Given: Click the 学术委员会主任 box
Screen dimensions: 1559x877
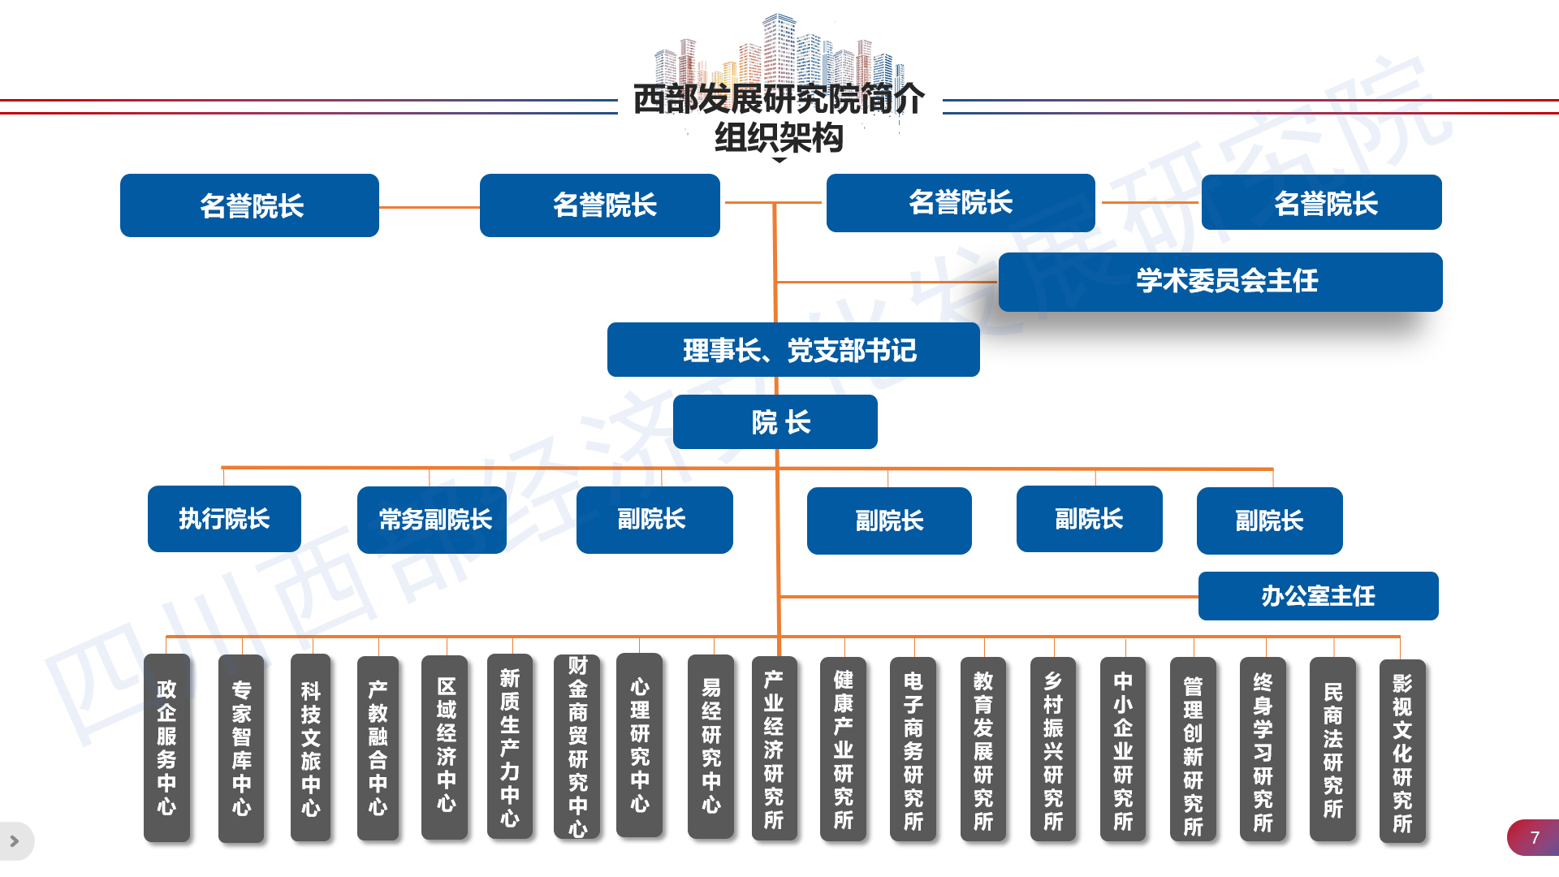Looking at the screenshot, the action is [1220, 282].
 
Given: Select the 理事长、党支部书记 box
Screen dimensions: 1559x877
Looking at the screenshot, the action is [793, 350].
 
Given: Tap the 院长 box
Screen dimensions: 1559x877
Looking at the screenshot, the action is [775, 422].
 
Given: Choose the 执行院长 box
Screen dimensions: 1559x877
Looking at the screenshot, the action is [224, 519].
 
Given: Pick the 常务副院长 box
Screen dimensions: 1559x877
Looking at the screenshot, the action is [432, 520].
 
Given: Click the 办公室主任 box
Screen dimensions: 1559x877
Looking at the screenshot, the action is [1319, 596].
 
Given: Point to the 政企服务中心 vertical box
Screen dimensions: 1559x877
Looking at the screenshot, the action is [166, 748].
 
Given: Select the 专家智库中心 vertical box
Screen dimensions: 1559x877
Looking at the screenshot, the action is [241, 749].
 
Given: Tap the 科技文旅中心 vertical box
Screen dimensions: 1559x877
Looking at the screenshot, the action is [310, 748].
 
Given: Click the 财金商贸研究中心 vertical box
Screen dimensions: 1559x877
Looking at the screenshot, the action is [577, 746].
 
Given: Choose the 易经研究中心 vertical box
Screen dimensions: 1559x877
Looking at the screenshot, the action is [710, 746].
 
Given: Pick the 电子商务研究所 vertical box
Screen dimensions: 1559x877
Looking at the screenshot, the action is [913, 749].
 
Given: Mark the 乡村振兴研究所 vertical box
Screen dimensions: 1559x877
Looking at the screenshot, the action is [1053, 749].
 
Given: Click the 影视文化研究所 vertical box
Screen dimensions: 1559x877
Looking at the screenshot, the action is [1402, 751].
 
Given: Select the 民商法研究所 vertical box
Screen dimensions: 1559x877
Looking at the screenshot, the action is [1332, 749].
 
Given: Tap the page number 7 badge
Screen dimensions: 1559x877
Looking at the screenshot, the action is [1533, 838].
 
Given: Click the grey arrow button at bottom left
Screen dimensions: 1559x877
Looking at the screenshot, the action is [15, 841].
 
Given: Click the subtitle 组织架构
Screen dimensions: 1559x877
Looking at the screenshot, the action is [779, 137].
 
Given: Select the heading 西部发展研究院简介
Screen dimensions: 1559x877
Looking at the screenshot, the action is [779, 99].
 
